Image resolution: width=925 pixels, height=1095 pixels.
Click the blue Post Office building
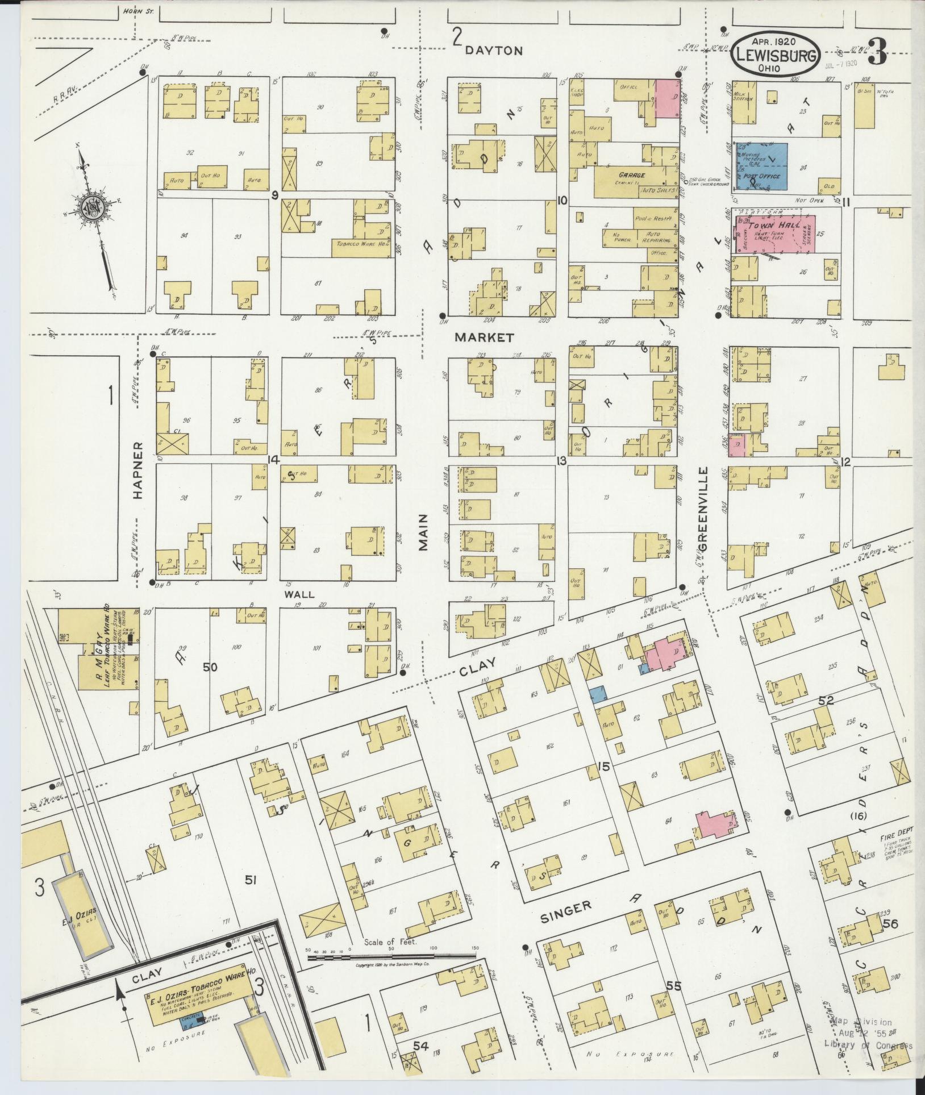[762, 166]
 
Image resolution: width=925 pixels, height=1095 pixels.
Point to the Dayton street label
[493, 51]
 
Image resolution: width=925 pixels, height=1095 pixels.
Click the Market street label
[485, 338]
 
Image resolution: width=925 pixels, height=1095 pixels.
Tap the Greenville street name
[703, 509]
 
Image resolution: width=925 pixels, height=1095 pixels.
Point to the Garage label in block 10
[631, 176]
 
